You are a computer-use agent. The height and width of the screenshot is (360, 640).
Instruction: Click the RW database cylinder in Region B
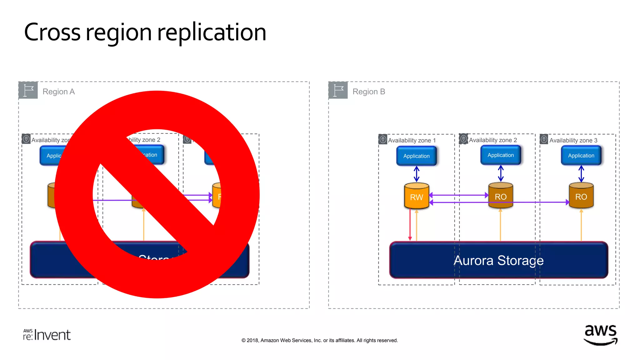click(416, 196)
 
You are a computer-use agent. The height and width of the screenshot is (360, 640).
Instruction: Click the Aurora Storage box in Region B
click(498, 260)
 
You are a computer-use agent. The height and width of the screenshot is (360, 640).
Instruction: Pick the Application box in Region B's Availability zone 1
click(416, 156)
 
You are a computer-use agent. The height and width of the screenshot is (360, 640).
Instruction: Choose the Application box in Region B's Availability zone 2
click(500, 155)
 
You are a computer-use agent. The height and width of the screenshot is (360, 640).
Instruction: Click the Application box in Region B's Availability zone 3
click(581, 155)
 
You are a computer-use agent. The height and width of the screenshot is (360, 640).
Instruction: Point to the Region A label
click(58, 92)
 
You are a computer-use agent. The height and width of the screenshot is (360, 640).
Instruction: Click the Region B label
click(369, 92)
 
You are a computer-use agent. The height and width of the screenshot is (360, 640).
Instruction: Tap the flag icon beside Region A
click(28, 90)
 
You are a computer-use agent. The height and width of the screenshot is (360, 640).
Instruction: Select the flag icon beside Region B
click(338, 90)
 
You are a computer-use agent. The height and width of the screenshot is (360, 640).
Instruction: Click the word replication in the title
click(212, 32)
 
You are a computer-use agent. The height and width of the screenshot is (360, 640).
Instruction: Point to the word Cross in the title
click(52, 32)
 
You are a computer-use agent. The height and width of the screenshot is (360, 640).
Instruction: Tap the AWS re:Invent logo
click(47, 335)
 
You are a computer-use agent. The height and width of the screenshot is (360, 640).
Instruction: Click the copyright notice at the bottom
click(319, 340)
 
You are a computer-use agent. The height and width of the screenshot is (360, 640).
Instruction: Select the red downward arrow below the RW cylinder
click(410, 225)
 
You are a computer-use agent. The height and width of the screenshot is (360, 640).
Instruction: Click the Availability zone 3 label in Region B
click(573, 140)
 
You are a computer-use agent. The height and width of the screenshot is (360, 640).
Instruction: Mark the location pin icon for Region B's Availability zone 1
click(383, 139)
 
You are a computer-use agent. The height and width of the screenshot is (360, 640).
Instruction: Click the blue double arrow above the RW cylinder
click(417, 174)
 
